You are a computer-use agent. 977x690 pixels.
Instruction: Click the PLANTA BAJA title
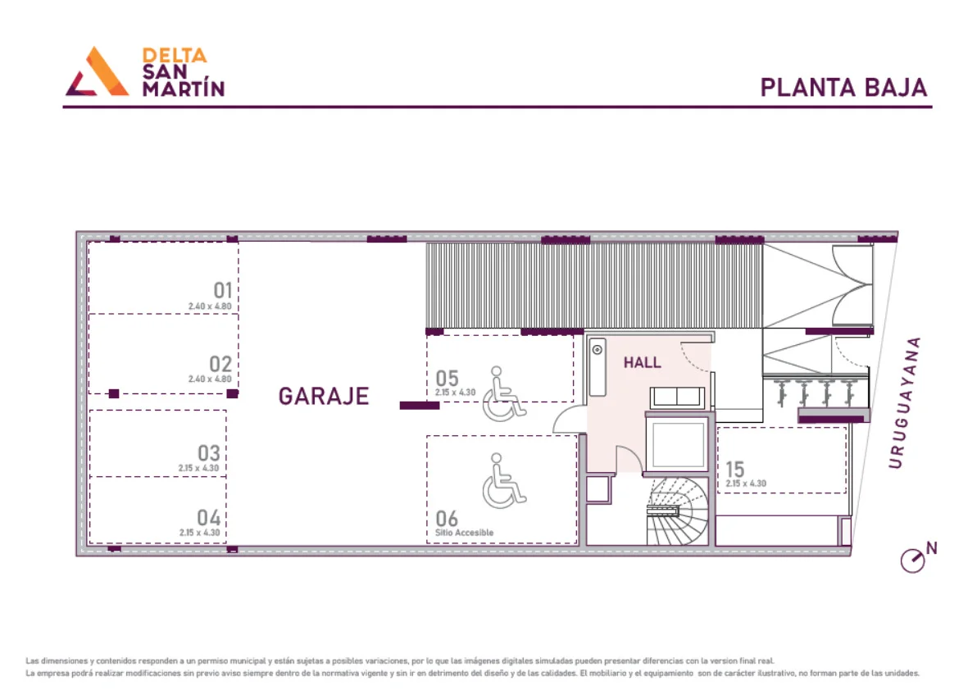(843, 88)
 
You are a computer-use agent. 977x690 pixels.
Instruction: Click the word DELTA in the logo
(175, 56)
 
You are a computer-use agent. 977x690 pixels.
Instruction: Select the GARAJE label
(324, 396)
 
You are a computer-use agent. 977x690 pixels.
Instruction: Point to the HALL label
(642, 362)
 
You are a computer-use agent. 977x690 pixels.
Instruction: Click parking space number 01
(223, 290)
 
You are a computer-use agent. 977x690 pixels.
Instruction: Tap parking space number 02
(220, 364)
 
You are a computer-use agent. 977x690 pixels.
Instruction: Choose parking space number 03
(209, 452)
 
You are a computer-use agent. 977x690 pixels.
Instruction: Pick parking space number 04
(209, 518)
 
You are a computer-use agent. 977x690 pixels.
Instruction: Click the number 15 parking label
(734, 469)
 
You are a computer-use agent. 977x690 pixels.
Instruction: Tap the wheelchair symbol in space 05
(504, 393)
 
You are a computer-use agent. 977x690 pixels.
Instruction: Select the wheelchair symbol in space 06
(504, 480)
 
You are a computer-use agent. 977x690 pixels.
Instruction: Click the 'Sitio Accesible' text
(464, 533)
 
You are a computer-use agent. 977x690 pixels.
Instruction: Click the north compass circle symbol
(913, 561)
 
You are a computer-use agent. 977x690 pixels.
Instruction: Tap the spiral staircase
(677, 511)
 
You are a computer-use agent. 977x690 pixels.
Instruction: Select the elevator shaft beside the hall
(678, 444)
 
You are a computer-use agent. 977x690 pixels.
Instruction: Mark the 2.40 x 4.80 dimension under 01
(210, 306)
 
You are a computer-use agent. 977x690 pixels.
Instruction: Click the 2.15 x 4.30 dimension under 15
(746, 483)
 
